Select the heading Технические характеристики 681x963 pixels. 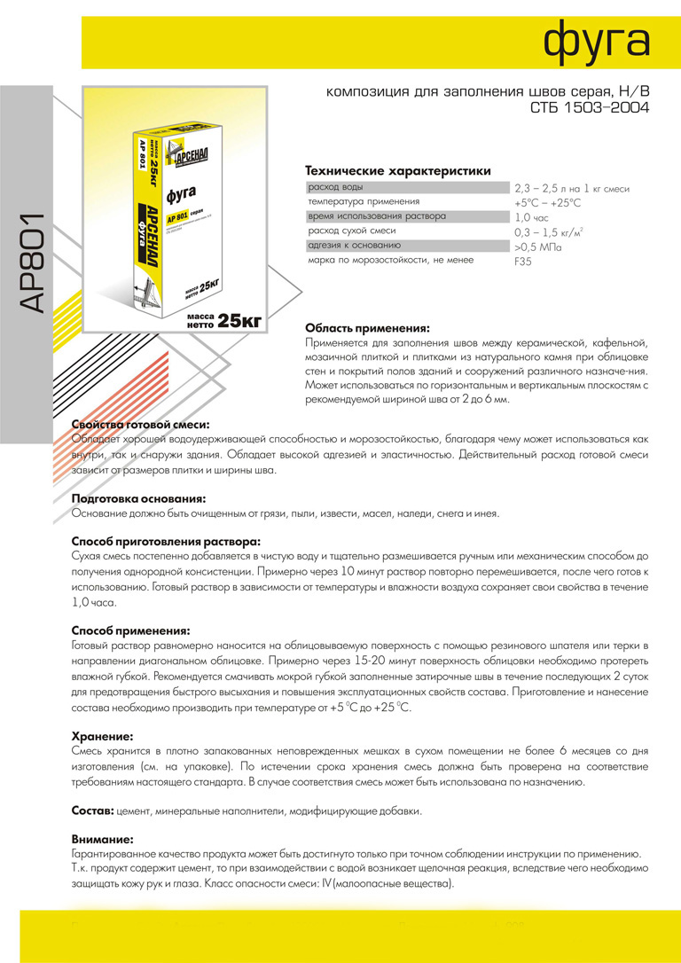coord(397,170)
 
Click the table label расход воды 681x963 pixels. coord(335,188)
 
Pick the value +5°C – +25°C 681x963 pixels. coord(548,203)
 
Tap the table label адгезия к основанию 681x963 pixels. coord(355,246)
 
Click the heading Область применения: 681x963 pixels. coord(367,327)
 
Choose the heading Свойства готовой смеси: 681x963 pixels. coord(140,425)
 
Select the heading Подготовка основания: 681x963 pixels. coord(138,498)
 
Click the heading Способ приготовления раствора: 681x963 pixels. coord(166,542)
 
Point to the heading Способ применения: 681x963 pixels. coord(130,630)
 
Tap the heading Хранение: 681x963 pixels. coord(103,736)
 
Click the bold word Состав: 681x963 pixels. coord(91,810)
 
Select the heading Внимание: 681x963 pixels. coord(103,839)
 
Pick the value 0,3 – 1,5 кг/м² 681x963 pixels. coord(549,232)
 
